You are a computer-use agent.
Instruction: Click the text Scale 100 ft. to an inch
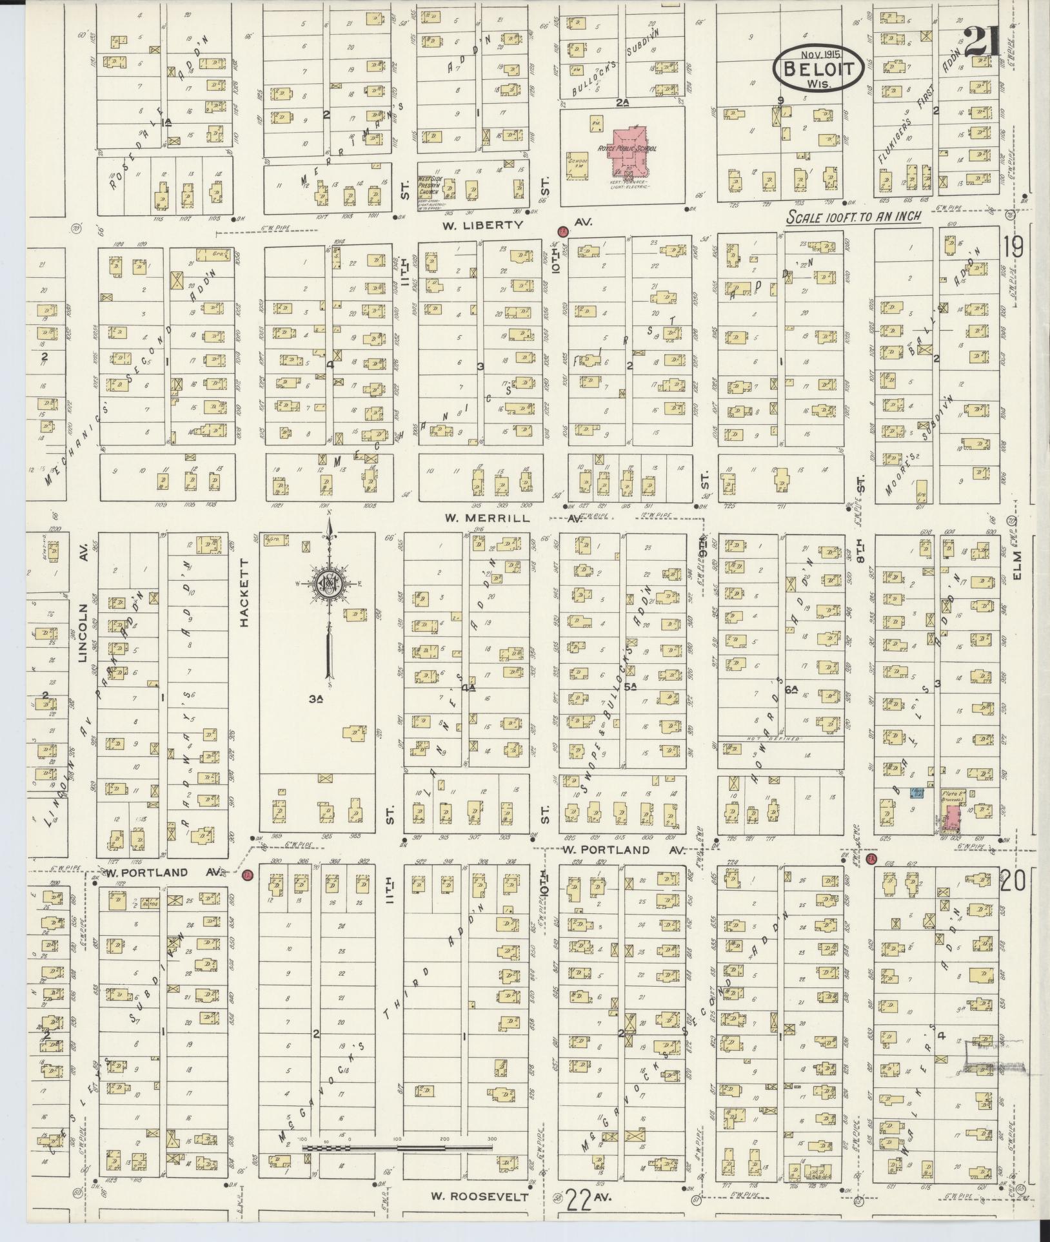[x=853, y=218]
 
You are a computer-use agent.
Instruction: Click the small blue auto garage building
[x=914, y=794]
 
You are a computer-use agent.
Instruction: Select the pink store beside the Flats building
[x=951, y=817]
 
